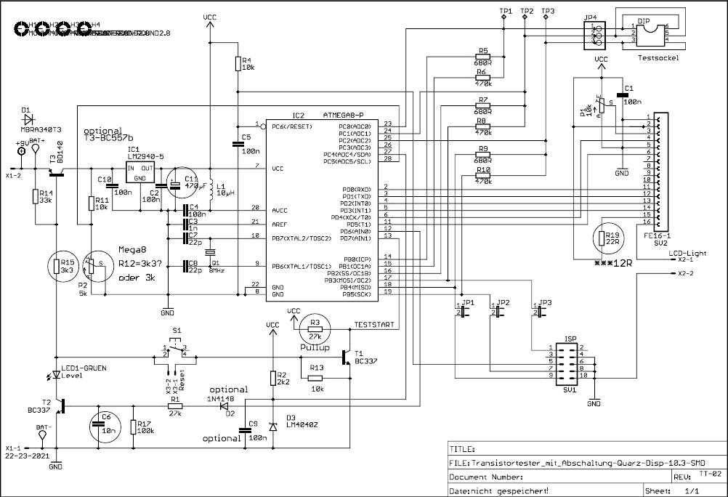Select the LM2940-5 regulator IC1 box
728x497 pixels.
coord(144,172)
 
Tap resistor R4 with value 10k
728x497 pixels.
coord(238,64)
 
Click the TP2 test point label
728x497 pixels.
coord(526,12)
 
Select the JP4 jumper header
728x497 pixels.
coord(595,33)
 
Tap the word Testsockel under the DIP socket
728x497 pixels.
coord(658,57)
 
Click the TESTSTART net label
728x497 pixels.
coord(373,324)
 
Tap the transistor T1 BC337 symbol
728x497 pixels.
coord(347,356)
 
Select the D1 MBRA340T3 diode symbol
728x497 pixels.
coord(29,116)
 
